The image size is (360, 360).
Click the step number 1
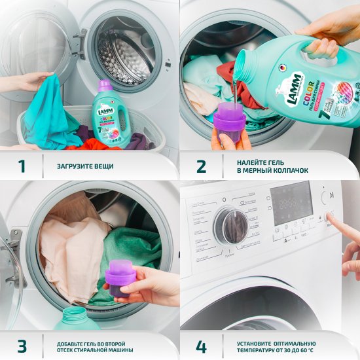(22, 166)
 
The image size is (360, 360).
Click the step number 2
(202, 166)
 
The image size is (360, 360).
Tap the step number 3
(22, 345)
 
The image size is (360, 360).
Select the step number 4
(202, 345)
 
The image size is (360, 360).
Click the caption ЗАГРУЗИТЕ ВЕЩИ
(85, 166)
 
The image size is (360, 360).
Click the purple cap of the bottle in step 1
(105, 86)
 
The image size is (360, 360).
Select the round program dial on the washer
(230, 226)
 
